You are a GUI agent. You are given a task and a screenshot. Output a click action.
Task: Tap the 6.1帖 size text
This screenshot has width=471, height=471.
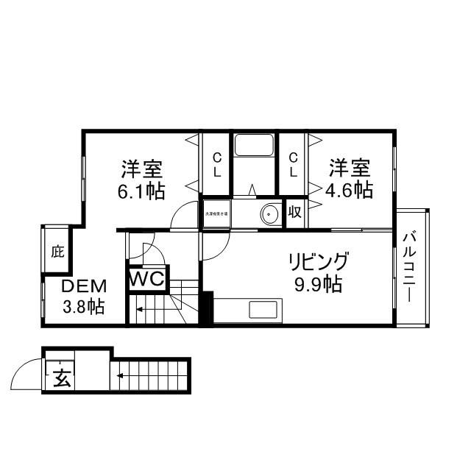[x=143, y=191]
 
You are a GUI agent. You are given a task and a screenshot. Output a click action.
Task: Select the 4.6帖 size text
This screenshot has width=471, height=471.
[x=349, y=190]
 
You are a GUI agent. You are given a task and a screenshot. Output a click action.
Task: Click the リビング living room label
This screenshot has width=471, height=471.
[x=317, y=262]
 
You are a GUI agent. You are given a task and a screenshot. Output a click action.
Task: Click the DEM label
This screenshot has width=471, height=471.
[x=83, y=286]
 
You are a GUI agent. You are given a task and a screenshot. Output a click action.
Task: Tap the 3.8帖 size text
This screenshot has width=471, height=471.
[x=82, y=306]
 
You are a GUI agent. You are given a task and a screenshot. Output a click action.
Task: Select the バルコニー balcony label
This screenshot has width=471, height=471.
[x=411, y=266]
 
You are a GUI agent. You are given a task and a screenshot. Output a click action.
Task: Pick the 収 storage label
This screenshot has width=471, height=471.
[x=294, y=213]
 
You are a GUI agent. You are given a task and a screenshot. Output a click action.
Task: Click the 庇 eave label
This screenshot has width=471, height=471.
[x=57, y=251]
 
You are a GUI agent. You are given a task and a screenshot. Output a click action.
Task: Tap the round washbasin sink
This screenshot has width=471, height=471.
[x=269, y=214]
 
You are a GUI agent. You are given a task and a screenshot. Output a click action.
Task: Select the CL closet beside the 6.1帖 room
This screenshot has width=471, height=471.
[x=217, y=165]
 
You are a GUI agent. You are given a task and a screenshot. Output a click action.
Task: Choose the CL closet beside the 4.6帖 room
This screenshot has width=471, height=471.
[x=293, y=165]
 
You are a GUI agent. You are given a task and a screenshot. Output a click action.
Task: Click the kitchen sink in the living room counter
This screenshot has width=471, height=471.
[x=263, y=309]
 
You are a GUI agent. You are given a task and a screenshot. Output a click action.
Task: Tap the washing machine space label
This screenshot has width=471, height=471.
[x=217, y=213]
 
